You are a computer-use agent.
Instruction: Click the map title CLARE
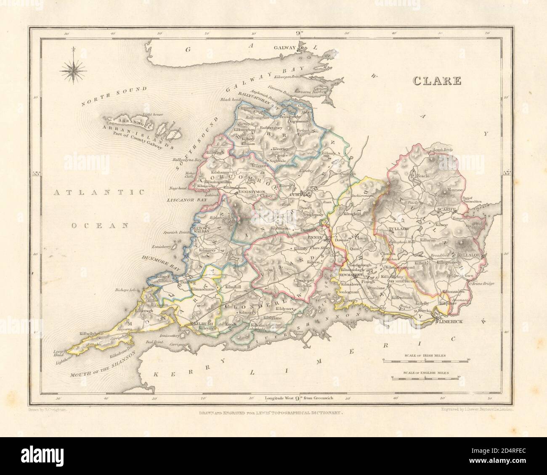pos(438,81)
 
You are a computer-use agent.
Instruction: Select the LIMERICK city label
pos(450,322)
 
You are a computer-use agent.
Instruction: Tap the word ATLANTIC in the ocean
pos(99,193)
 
